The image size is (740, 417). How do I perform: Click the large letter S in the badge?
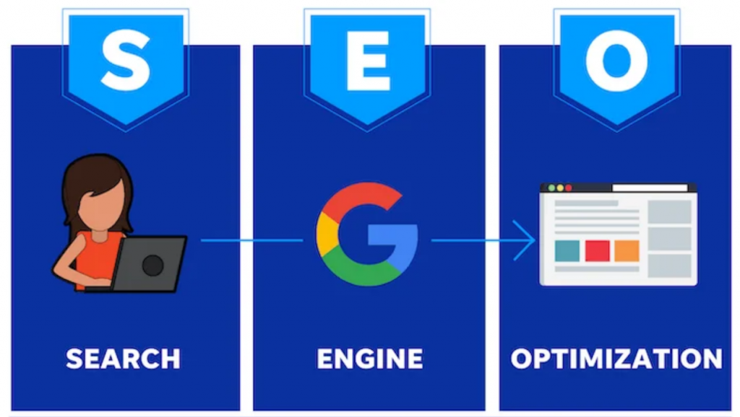(x=126, y=61)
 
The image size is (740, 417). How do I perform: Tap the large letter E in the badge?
(x=368, y=61)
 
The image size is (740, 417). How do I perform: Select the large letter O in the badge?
(x=617, y=61)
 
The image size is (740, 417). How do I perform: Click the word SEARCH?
(x=123, y=359)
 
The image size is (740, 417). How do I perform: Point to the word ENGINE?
(x=369, y=359)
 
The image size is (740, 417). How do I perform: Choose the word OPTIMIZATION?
(x=616, y=359)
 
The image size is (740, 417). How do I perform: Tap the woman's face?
(x=101, y=207)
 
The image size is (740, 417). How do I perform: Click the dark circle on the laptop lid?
(x=152, y=265)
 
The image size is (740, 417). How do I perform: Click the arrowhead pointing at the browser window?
(x=525, y=240)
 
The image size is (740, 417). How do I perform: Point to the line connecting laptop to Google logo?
(x=251, y=240)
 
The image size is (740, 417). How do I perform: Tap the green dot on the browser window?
(x=551, y=188)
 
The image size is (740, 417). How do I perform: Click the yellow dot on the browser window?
(x=560, y=188)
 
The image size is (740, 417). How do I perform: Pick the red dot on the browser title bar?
(x=568, y=188)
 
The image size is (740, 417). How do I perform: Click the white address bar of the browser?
(x=650, y=188)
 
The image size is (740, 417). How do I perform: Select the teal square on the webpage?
(x=567, y=250)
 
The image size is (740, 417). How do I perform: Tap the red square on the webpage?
(x=597, y=250)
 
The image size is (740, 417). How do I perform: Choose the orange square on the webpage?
(x=627, y=250)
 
